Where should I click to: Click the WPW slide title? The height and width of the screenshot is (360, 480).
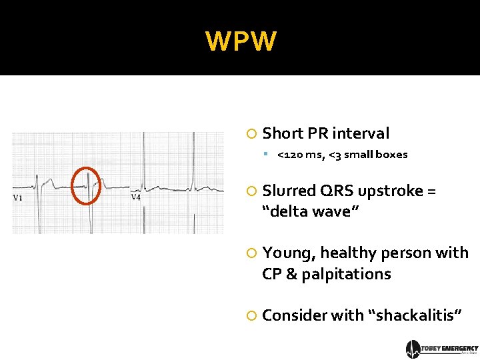[240, 41]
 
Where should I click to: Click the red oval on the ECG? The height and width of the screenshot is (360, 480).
[86, 185]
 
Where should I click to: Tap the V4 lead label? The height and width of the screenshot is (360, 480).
[135, 197]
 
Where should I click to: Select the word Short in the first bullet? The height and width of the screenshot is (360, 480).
[282, 133]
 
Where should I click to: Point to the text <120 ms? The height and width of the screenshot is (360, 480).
[299, 155]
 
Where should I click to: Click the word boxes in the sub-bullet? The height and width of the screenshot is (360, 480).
[391, 155]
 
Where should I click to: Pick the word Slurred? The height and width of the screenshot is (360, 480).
[287, 191]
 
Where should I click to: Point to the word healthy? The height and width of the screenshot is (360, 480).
[347, 253]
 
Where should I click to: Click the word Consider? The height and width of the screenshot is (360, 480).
[293, 315]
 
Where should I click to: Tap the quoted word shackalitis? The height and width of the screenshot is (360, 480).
[414, 315]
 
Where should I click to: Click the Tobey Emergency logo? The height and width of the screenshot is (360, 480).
[442, 349]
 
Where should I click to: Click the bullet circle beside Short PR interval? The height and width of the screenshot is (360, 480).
[251, 134]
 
